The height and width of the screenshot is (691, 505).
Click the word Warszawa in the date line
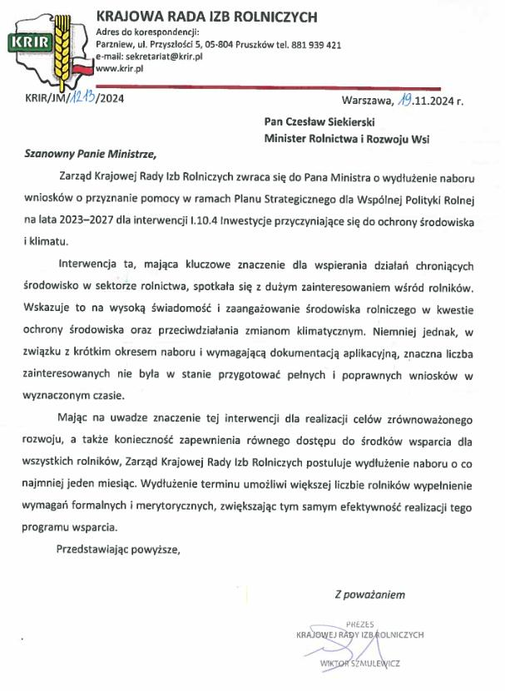[x=365, y=102]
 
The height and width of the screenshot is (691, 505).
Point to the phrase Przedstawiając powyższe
[x=116, y=549]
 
